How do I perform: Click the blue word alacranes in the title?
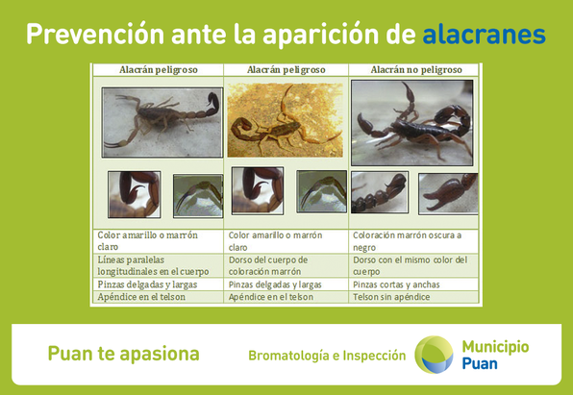click(x=484, y=35)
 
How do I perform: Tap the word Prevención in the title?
click(x=95, y=34)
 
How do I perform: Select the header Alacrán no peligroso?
click(x=416, y=70)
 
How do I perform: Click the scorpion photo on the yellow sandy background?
click(x=285, y=120)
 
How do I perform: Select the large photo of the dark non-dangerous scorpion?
click(x=411, y=123)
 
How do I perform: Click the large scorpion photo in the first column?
click(x=162, y=122)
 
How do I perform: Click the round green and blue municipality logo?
click(x=434, y=355)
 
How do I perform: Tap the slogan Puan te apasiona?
click(x=123, y=354)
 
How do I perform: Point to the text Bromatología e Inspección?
click(x=327, y=356)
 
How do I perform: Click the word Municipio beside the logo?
click(x=495, y=347)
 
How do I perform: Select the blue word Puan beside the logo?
click(x=480, y=364)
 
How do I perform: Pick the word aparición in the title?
click(x=320, y=35)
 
